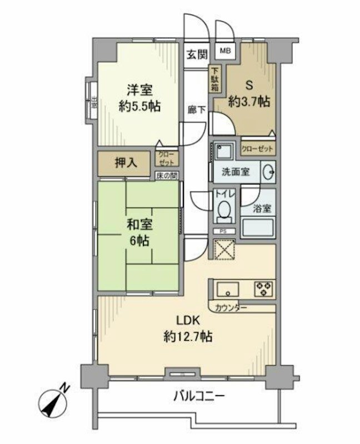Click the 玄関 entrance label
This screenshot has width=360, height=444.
pos(197,54)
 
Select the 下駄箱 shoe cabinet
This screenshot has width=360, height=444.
pos(215,79)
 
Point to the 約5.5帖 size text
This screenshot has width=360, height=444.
pos(139,105)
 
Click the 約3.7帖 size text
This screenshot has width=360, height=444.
pos(249,102)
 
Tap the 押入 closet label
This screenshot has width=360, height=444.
pos(124,163)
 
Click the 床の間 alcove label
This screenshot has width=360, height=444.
pos(167,176)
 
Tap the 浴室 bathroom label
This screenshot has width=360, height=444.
pos(262,209)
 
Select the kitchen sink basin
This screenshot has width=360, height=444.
pos(228,289)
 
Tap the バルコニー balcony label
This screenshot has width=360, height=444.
pos(199,396)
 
